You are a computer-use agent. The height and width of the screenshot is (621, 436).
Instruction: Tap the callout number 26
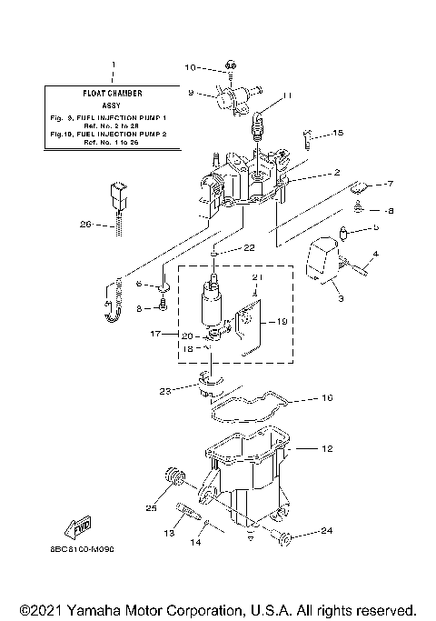[85, 225]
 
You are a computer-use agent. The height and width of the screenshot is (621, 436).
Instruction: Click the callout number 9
[190, 92]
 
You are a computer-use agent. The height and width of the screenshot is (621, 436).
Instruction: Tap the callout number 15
[338, 134]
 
